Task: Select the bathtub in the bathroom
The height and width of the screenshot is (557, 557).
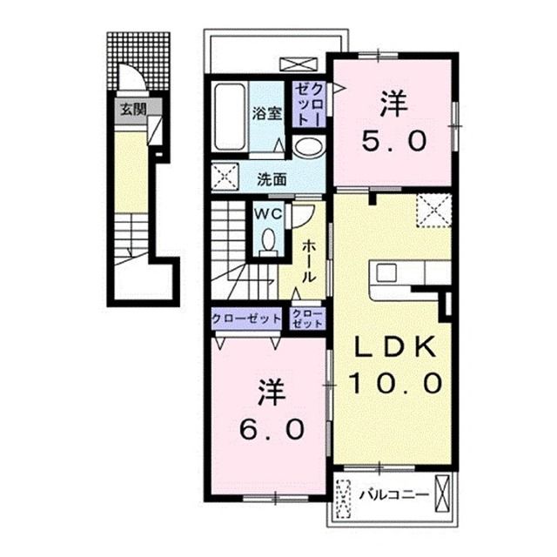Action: [230, 118]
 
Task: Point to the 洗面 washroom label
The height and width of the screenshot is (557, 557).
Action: [272, 180]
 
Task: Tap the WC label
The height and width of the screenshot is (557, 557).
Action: [266, 211]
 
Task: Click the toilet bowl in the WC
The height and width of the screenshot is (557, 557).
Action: [266, 239]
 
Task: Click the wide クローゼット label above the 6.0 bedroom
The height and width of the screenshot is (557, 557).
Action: [246, 319]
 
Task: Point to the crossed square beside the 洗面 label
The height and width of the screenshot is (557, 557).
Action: [227, 179]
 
